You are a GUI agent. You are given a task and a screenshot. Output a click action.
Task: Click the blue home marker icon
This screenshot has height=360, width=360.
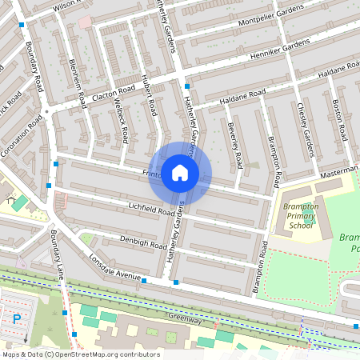point(180,173)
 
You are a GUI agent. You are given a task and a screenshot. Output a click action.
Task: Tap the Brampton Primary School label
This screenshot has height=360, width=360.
point(300,216)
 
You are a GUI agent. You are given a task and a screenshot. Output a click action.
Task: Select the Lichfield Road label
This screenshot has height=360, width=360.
point(140,209)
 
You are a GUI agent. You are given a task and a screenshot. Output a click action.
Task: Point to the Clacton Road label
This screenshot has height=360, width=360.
point(114,94)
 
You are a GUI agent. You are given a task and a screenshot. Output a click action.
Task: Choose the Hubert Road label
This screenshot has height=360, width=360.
point(147,94)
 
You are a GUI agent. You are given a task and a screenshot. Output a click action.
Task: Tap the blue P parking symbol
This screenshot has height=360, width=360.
point(17,318)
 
